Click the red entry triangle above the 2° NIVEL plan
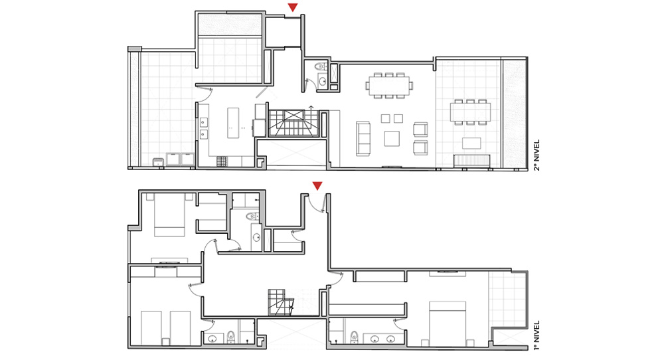[293, 7]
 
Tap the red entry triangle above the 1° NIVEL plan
[317, 186]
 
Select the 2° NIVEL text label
[537, 155]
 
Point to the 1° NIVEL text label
[537, 335]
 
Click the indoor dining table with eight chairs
[389, 86]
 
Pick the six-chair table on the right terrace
[471, 112]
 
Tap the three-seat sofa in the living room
[363, 139]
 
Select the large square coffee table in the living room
[392, 139]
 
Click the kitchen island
[233, 123]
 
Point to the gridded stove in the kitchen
[222, 161]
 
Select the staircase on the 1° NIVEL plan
[280, 302]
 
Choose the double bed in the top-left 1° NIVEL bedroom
[169, 215]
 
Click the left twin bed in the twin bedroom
[151, 328]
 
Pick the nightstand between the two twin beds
[165, 341]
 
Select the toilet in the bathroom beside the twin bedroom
[231, 337]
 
